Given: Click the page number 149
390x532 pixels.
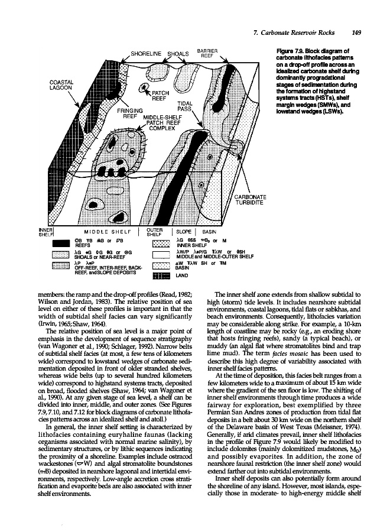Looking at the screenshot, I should [x=357, y=33].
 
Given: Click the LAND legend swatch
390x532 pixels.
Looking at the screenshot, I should [x=161, y=275].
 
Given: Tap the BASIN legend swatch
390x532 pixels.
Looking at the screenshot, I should [x=161, y=265].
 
